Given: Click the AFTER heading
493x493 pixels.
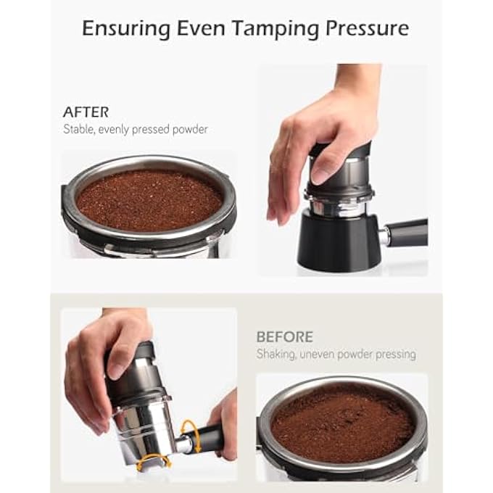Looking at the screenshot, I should tap(86, 112).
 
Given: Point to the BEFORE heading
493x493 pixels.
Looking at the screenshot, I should tap(284, 337).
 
